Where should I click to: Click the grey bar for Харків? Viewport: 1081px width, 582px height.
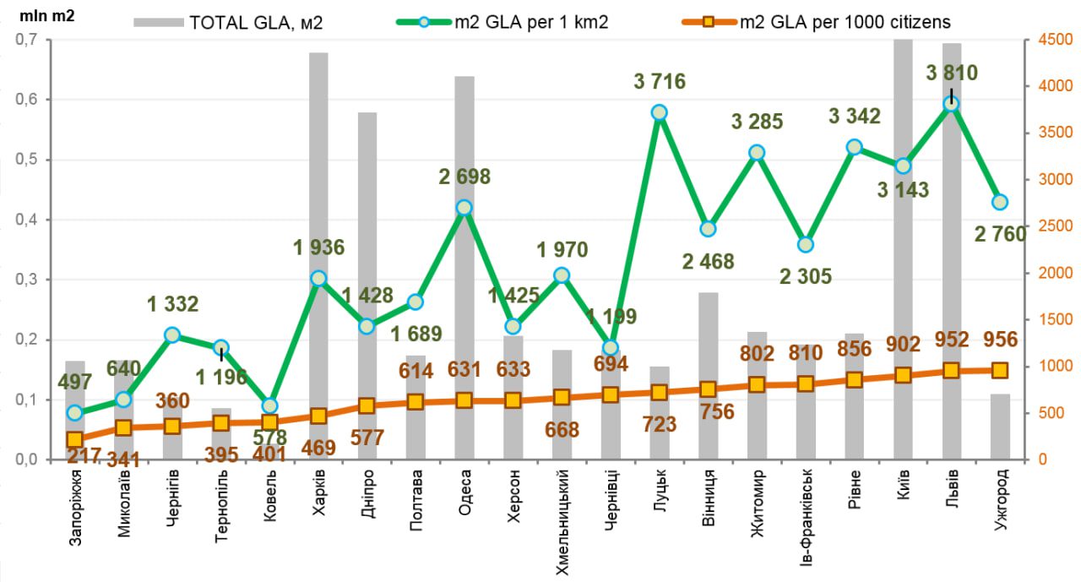click(318, 169)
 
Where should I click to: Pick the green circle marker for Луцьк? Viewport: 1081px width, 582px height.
click(660, 112)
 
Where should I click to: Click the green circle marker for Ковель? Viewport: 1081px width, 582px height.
click(269, 406)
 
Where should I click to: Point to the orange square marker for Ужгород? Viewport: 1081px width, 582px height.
click(1000, 370)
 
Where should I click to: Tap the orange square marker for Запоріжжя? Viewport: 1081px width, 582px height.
click(75, 439)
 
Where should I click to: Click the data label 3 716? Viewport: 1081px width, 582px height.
click(660, 82)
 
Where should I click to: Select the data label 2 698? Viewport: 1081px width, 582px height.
click(464, 177)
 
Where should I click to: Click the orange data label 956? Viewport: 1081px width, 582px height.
click(1001, 340)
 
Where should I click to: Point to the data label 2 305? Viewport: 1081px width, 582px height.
click(805, 275)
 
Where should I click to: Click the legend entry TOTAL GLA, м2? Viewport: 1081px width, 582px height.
click(228, 23)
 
